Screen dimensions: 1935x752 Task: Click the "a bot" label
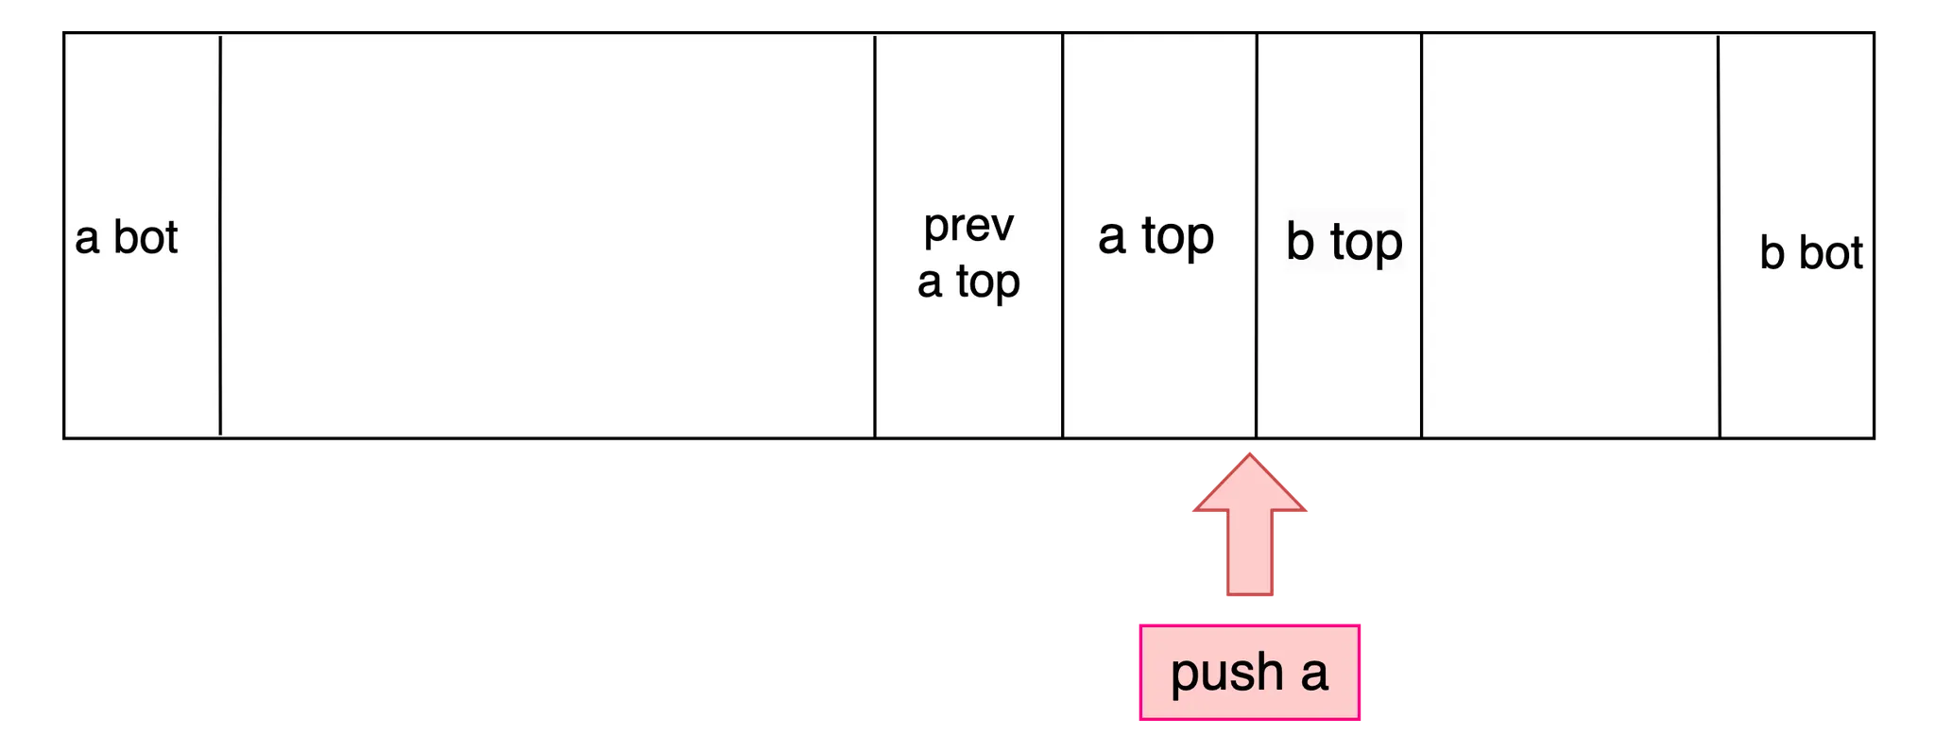127,237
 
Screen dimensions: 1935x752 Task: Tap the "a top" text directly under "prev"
968,282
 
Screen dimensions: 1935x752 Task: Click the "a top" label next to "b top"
1156,236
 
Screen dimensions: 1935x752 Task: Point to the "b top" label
1344,242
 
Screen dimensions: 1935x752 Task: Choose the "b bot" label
1810,253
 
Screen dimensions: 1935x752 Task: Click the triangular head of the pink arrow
1249,485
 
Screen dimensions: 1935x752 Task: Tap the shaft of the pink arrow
1250,557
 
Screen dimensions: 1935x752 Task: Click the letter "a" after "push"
1314,672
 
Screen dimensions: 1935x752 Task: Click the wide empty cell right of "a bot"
548,236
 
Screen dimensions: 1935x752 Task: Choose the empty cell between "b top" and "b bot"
1569,236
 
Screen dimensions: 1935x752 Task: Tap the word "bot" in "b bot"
1830,253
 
